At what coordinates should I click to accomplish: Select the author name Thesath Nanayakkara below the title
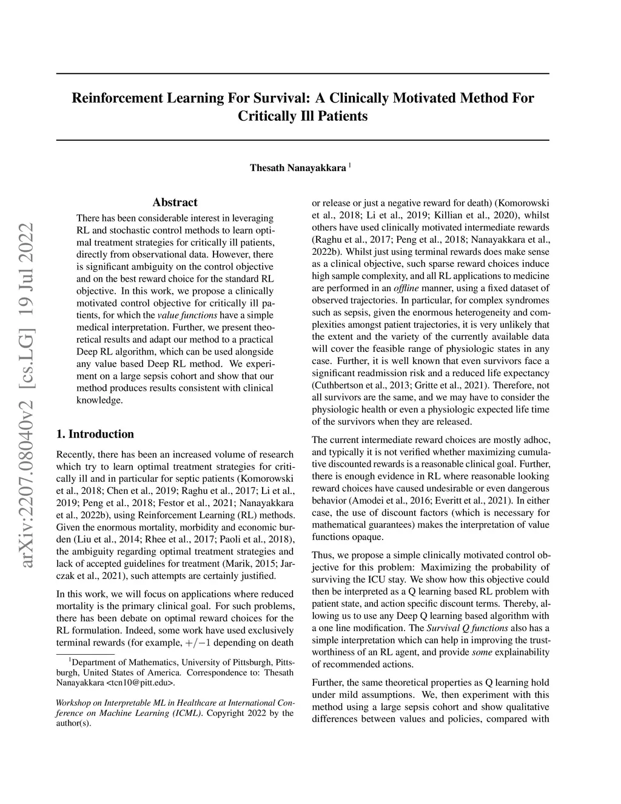click(298, 167)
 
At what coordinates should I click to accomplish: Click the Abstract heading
click(175, 203)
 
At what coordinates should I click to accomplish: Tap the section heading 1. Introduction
click(95, 434)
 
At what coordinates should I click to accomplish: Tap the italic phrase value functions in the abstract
click(187, 316)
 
